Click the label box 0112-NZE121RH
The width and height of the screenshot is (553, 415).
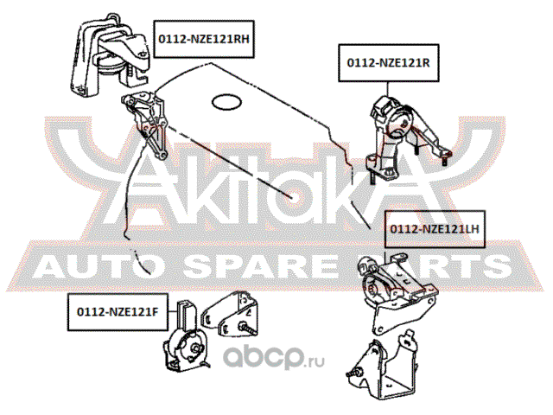[x=204, y=39]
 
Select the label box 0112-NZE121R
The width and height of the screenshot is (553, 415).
[x=389, y=63]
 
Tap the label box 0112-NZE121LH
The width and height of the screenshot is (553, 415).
[x=435, y=229]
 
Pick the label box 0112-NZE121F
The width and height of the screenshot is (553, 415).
[x=118, y=312]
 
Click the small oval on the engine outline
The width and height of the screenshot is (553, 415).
[x=226, y=102]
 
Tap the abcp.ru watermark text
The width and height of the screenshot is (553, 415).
[x=275, y=356]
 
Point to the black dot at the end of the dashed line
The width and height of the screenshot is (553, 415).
[x=292, y=197]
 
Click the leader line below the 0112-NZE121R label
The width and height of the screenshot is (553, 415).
[x=388, y=89]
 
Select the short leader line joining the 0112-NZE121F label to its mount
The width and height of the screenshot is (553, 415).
[x=173, y=312]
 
